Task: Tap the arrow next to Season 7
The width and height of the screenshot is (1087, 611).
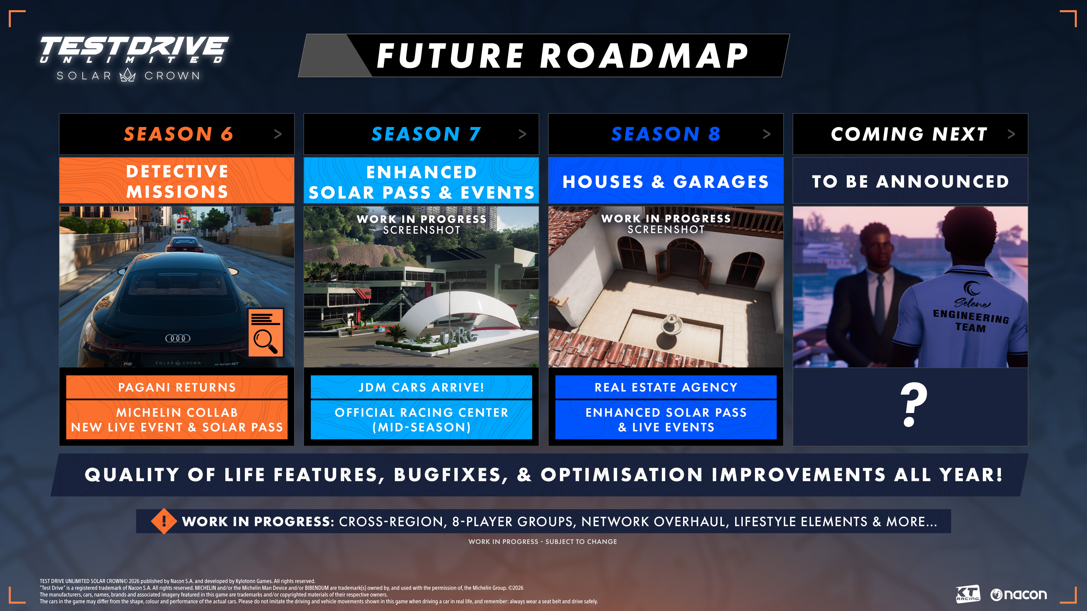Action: (x=522, y=134)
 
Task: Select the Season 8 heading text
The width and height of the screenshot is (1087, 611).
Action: (x=666, y=134)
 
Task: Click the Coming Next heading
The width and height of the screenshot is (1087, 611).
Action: (x=909, y=134)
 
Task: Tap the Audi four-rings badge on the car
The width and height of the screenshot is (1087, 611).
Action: (x=178, y=338)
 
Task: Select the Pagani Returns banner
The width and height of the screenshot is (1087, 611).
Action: (x=177, y=387)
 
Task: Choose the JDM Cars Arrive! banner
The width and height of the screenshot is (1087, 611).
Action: (x=421, y=387)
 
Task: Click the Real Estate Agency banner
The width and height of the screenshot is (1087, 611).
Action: (x=666, y=387)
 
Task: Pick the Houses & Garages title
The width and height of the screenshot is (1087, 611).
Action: (x=666, y=182)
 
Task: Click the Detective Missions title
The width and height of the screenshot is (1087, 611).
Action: (x=177, y=182)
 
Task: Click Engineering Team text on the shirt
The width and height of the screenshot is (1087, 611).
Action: (x=971, y=321)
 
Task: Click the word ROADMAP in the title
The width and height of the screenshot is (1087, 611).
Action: (x=644, y=56)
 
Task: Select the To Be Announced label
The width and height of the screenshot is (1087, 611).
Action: (x=910, y=182)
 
